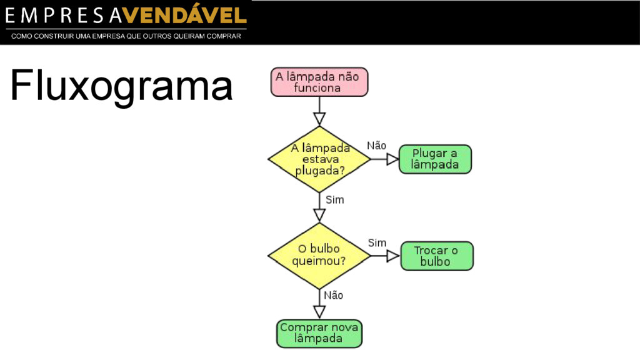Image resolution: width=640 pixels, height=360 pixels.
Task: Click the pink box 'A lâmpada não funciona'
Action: [319, 82]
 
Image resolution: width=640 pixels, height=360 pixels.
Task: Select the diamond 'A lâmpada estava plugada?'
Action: [319, 159]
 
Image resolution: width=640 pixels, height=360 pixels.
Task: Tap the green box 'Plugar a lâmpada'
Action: [435, 159]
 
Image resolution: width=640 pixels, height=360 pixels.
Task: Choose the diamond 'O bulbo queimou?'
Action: [319, 255]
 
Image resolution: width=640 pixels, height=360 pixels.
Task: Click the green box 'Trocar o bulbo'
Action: [436, 256]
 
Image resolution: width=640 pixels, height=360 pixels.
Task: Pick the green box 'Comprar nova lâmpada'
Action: [319, 333]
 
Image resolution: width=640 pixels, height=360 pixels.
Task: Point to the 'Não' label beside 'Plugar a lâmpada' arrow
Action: [376, 146]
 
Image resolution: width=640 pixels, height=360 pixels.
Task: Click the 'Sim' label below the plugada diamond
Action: [335, 200]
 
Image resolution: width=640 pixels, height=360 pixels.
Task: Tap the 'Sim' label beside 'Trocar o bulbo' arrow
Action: [377, 242]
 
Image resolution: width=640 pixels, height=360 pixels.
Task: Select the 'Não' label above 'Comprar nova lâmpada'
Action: [333, 295]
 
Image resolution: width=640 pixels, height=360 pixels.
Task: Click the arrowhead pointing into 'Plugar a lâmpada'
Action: [392, 159]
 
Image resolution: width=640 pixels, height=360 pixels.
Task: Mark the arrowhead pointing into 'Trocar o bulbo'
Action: [393, 256]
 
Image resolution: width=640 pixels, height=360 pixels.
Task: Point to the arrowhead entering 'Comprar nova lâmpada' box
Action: [319, 311]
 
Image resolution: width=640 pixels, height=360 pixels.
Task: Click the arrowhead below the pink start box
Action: [319, 118]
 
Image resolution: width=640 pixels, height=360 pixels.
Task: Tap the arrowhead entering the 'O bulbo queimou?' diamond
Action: [319, 215]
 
